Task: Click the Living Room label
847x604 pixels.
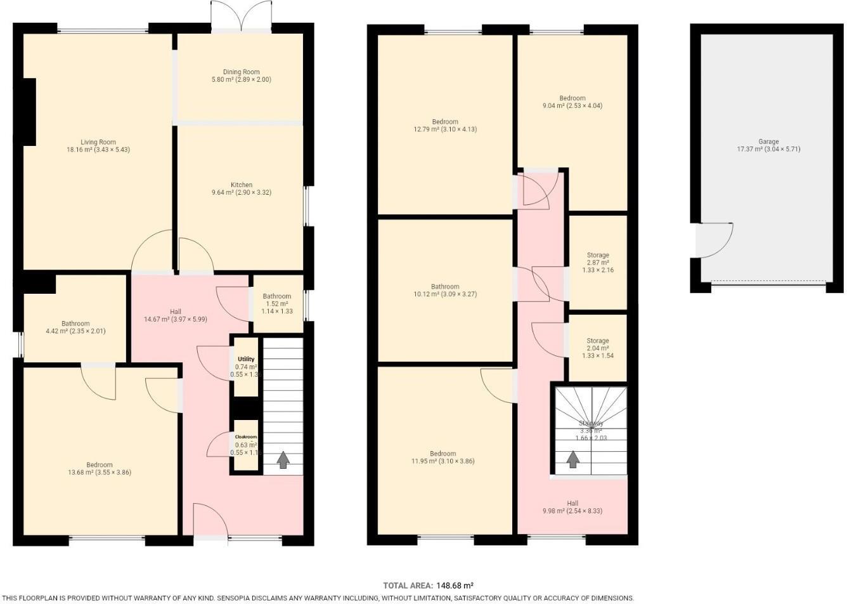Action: click(98, 142)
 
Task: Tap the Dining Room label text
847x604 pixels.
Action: click(241, 72)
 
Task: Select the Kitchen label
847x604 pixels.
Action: click(241, 185)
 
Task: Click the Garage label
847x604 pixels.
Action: click(768, 141)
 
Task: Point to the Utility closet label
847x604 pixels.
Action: click(245, 359)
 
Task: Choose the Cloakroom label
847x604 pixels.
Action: click(246, 437)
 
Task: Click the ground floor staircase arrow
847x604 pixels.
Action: click(283, 460)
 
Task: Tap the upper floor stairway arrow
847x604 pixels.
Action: click(572, 459)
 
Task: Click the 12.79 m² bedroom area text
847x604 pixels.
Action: click(444, 129)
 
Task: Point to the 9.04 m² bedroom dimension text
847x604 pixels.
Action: click(572, 106)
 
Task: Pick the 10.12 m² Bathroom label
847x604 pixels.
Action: click(444, 287)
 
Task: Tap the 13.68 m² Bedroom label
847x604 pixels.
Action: click(100, 465)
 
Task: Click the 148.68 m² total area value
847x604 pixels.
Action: click(453, 586)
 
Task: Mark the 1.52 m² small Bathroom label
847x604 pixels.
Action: click(277, 296)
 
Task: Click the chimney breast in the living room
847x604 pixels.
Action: click(28, 113)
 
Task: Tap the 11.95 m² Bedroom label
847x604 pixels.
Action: click(443, 454)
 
